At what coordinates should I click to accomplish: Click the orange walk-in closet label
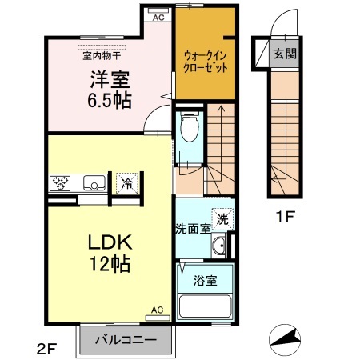pyautogui.click(x=205, y=62)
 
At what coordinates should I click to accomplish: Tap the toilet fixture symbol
pyautogui.click(x=190, y=128)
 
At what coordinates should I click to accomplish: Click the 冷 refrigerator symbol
pyautogui.click(x=126, y=183)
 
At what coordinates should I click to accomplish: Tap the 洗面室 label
pyautogui.click(x=193, y=228)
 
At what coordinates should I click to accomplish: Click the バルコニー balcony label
pyautogui.click(x=125, y=338)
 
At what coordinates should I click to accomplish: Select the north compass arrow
pyautogui.click(x=285, y=338)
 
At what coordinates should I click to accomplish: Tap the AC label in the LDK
pyautogui.click(x=157, y=309)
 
